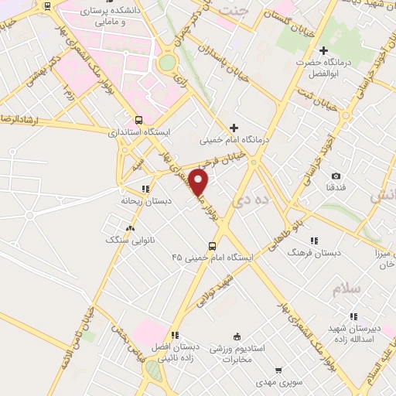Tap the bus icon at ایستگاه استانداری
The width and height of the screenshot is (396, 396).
(x=138, y=120)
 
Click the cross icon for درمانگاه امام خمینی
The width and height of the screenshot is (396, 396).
(x=234, y=128)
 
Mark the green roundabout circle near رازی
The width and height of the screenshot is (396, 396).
(x=167, y=63)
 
